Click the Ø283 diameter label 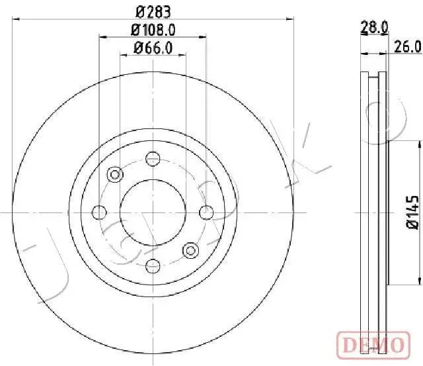[x=152, y=11]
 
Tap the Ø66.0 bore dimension [x=152, y=48]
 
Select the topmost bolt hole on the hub [x=153, y=158]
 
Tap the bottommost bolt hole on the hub [x=153, y=266]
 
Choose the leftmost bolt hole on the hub [x=100, y=212]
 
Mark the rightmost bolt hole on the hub [x=207, y=212]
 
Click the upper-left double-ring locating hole [x=115, y=175]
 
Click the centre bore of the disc [x=153, y=212]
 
